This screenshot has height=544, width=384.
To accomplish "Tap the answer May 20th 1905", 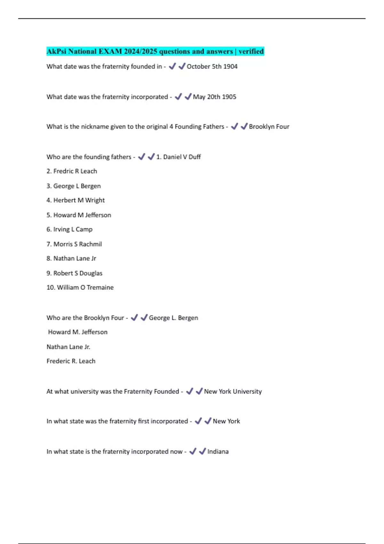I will click(214, 97).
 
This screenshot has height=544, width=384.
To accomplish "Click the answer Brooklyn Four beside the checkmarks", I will click(269, 127).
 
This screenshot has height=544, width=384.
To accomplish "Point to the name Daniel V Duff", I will click(182, 157).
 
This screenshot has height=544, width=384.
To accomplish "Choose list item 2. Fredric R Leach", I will click(72, 171).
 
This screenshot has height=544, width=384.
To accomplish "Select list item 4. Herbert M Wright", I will click(76, 200).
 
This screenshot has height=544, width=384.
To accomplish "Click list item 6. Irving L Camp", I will click(69, 229).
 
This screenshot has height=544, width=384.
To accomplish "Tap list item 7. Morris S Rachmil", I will click(74, 244).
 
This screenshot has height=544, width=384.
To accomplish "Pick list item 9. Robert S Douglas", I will click(74, 273).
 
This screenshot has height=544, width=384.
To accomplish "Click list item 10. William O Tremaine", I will click(80, 288).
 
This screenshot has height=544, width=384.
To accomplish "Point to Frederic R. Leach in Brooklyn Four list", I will click(71, 361).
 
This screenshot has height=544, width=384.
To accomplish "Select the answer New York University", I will click(233, 391).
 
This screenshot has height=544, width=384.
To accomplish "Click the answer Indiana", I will click(218, 452).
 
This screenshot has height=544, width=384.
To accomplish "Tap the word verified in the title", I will click(251, 51).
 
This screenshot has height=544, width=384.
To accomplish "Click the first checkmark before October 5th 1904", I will click(172, 66).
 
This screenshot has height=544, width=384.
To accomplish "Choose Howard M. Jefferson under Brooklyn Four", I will click(78, 332).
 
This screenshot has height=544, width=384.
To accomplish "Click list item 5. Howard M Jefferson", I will click(79, 215).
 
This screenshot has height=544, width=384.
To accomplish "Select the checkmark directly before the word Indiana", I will click(202, 451).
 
